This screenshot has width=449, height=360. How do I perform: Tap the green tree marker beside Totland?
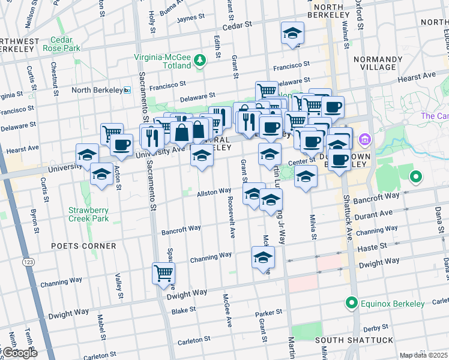point(200,59)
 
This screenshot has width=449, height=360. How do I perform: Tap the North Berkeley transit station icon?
point(127,90)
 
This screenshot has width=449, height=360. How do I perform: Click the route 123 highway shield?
point(28,262)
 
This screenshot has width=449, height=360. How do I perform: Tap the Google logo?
point(19,353)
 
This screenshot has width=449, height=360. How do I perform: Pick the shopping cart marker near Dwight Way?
point(163,274)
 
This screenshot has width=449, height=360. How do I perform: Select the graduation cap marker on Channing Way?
point(263,258)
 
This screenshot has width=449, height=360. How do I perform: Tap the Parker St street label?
point(268,313)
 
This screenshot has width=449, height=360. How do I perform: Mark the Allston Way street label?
point(215,191)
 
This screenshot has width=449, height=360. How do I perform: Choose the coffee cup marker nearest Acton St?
point(121,145)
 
